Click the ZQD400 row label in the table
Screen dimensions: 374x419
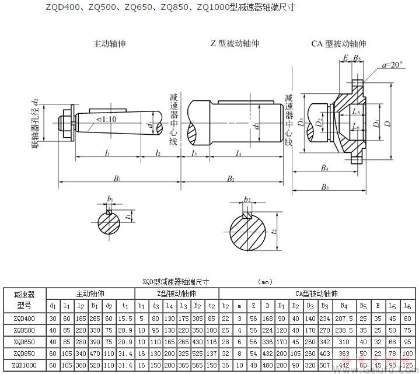(x=23, y=319)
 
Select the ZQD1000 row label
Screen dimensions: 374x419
(x=23, y=365)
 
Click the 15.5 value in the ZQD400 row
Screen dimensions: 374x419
(x=124, y=319)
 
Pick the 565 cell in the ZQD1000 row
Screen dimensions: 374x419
(x=196, y=365)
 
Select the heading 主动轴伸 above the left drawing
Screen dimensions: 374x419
(x=110, y=44)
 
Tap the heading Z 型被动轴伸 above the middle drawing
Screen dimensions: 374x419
(x=235, y=44)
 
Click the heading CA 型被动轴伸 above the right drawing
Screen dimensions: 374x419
(x=338, y=44)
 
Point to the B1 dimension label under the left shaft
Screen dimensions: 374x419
(x=117, y=179)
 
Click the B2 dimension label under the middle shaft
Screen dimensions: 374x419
(x=231, y=179)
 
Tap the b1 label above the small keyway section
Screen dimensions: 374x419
(x=110, y=200)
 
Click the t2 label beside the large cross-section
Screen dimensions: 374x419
(x=274, y=231)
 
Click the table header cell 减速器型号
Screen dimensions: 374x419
(x=23, y=299)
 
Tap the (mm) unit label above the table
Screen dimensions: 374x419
(x=266, y=282)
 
